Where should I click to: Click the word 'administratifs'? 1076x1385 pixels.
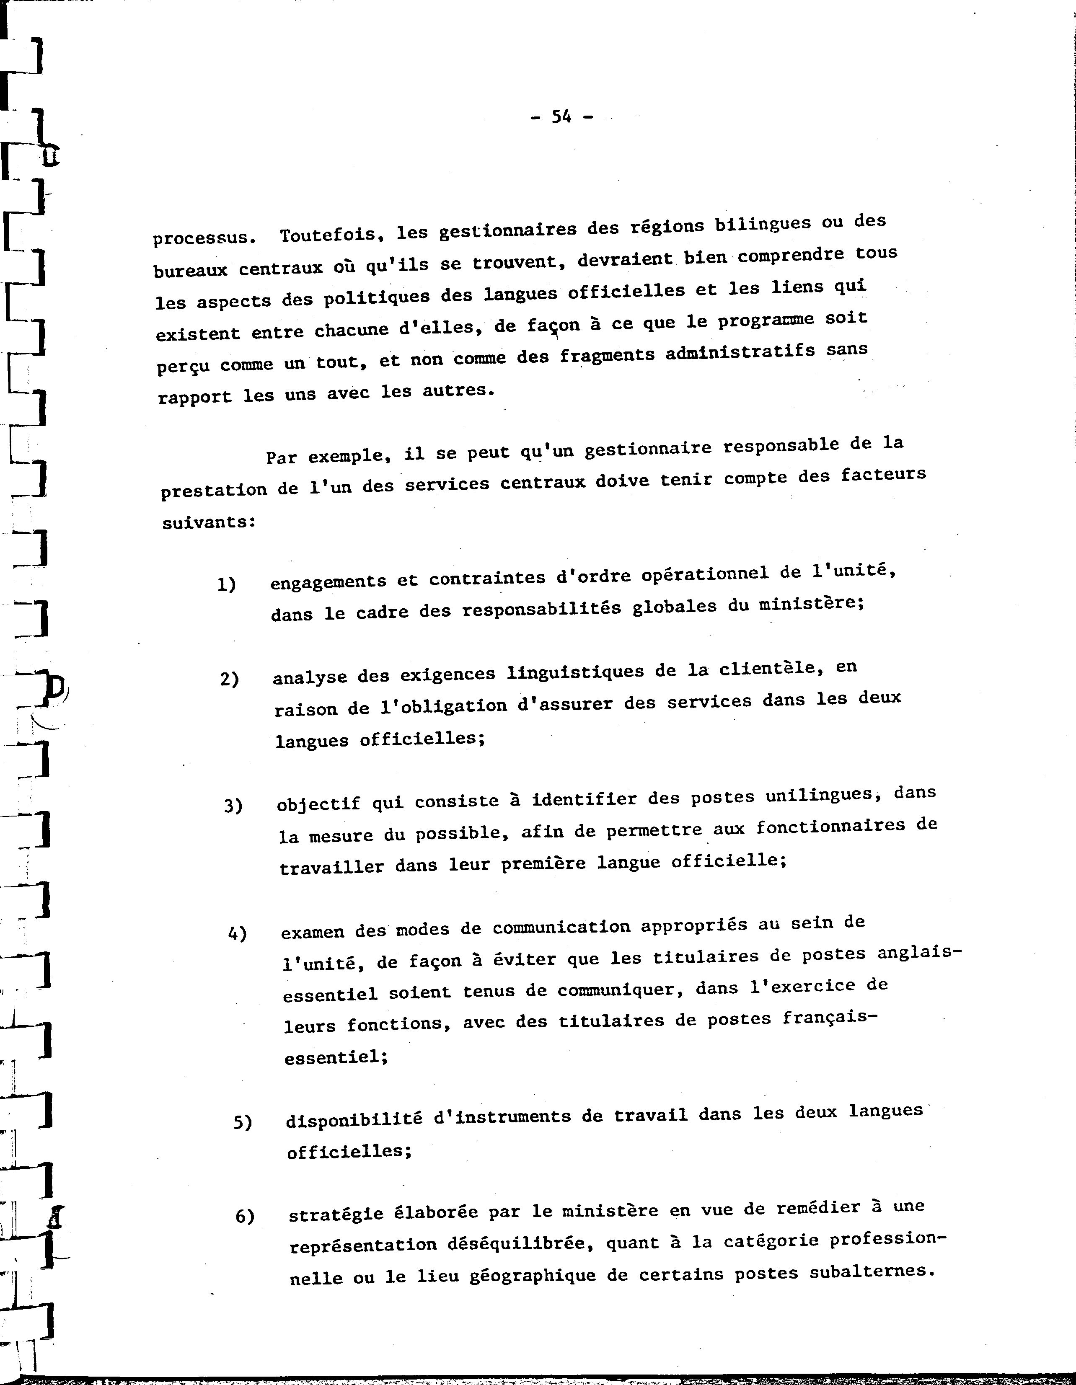tap(740, 351)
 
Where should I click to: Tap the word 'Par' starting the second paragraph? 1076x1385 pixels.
tap(281, 457)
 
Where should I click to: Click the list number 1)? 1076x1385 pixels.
tap(227, 584)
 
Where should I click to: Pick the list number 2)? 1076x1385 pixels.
tap(230, 679)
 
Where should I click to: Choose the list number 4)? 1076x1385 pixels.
tap(237, 933)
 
